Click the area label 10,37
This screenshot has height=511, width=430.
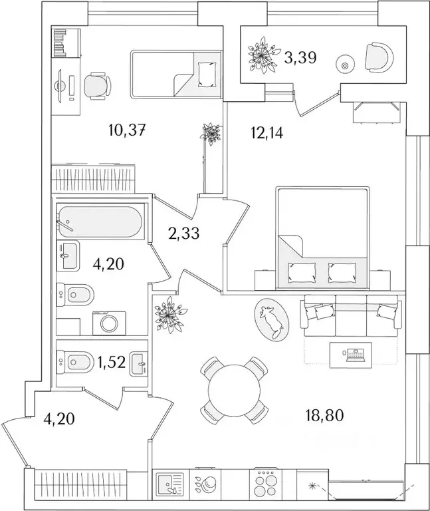pyautogui.click(x=126, y=130)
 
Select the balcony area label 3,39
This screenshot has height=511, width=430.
pyautogui.click(x=300, y=58)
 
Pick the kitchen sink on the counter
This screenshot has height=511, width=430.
pyautogui.click(x=169, y=484)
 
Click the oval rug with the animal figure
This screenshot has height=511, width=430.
pyautogui.click(x=271, y=319)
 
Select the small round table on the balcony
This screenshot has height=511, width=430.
pyautogui.click(x=344, y=65)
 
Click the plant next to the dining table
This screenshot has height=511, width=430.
pyautogui.click(x=165, y=312)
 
